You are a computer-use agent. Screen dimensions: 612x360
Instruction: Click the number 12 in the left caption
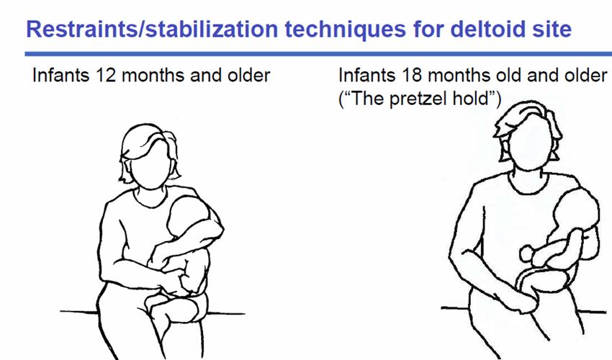[106, 75]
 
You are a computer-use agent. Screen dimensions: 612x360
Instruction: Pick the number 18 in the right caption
[411, 75]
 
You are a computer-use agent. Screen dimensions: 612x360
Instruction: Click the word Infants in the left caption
[61, 75]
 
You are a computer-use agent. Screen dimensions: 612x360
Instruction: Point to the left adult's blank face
[150, 167]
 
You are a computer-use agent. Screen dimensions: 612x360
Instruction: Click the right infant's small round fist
[527, 253]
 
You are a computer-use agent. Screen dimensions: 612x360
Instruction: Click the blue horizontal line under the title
[318, 54]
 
